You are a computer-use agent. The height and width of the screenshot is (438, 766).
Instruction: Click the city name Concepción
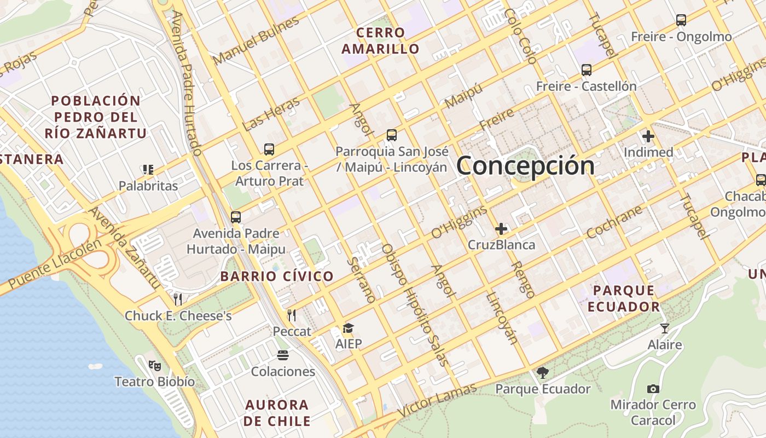click(x=525, y=165)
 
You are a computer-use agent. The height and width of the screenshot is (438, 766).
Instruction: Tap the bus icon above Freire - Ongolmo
click(x=681, y=20)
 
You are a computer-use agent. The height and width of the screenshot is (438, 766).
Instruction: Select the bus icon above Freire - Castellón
click(x=586, y=70)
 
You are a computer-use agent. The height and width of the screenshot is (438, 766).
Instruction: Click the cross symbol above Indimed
click(x=648, y=136)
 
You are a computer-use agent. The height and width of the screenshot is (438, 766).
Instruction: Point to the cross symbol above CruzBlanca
click(x=501, y=229)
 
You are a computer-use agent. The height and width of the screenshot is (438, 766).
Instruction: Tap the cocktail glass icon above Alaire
click(x=664, y=328)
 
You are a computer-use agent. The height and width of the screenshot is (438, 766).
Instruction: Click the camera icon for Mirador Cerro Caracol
click(x=653, y=389)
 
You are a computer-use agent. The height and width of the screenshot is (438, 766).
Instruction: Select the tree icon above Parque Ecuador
click(x=542, y=373)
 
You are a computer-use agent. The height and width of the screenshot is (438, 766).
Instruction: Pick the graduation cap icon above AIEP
click(x=348, y=328)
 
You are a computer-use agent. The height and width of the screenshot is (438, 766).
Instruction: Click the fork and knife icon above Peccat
click(x=292, y=315)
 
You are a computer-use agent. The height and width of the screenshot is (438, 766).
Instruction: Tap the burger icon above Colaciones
click(x=283, y=355)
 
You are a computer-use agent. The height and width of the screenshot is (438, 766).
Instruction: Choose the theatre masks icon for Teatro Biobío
click(x=154, y=365)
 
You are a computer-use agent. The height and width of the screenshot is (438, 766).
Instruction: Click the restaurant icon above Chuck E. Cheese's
click(x=177, y=299)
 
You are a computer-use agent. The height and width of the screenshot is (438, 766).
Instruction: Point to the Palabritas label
click(x=148, y=186)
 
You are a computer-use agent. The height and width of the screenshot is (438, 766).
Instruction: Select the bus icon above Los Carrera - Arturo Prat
click(x=269, y=149)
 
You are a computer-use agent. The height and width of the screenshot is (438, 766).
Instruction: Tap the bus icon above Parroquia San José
click(x=391, y=135)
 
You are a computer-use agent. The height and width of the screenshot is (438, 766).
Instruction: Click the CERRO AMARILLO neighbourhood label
click(x=380, y=41)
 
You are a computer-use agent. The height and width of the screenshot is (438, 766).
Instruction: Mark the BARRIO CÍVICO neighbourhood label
click(x=277, y=276)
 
